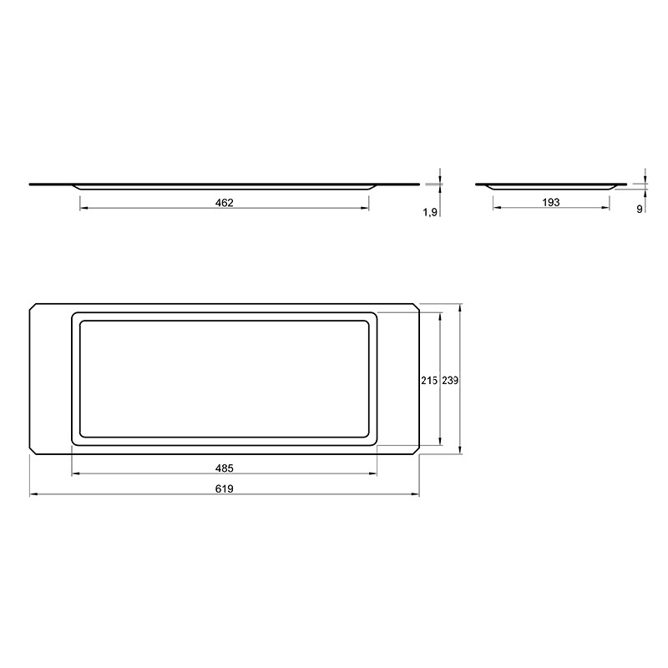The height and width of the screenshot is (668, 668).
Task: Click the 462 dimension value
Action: [224, 203]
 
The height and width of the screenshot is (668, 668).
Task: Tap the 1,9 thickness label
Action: [430, 213]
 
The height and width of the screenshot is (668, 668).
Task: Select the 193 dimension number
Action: [551, 202]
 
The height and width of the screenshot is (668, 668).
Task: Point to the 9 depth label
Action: [639, 210]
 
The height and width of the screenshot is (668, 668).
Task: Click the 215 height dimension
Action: [429, 381]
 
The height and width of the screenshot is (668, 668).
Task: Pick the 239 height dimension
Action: [450, 381]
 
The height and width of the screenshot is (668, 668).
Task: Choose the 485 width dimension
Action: [224, 468]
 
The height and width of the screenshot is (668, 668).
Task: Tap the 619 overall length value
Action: [224, 488]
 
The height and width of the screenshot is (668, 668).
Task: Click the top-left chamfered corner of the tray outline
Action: [33, 306]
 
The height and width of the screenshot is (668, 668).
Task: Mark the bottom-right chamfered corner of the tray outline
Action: [416, 451]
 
